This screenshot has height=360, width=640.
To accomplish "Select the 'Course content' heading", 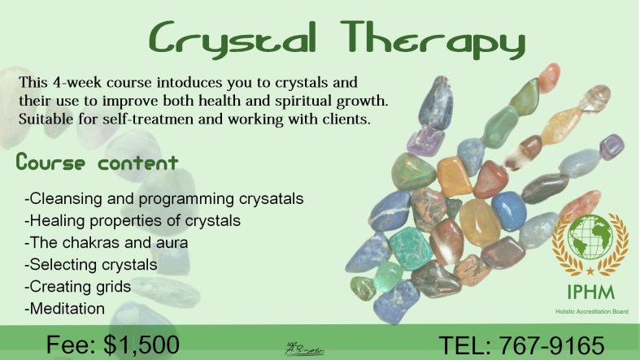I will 97,163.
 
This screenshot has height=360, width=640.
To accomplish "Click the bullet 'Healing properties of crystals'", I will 133,220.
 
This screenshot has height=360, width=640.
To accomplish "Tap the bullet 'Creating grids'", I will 78,286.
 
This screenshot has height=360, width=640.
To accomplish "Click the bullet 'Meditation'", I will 66,308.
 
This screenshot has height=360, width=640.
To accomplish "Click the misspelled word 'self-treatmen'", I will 166,120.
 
